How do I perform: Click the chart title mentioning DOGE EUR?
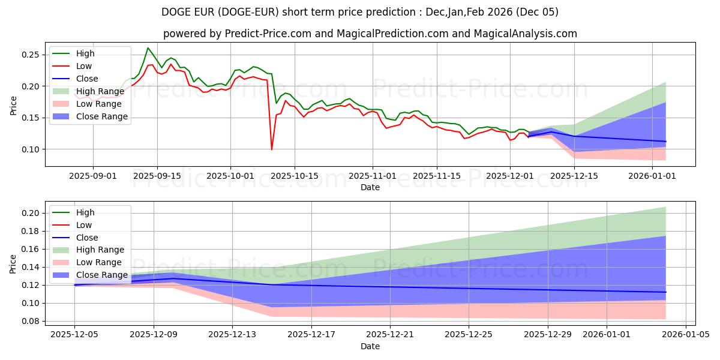[360, 12]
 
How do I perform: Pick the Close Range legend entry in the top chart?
[101, 116]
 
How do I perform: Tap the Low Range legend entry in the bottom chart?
[99, 262]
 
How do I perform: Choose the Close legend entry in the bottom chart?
[87, 238]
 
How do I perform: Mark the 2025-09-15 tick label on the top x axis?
[157, 176]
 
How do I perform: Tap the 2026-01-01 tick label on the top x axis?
[652, 176]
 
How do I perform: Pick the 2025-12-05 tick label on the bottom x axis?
[74, 335]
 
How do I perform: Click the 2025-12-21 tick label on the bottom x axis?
[390, 335]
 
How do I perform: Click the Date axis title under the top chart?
[370, 187]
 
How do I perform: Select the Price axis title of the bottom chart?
[13, 263]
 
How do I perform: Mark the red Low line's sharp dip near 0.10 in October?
[272, 149]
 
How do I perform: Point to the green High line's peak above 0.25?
[148, 48]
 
